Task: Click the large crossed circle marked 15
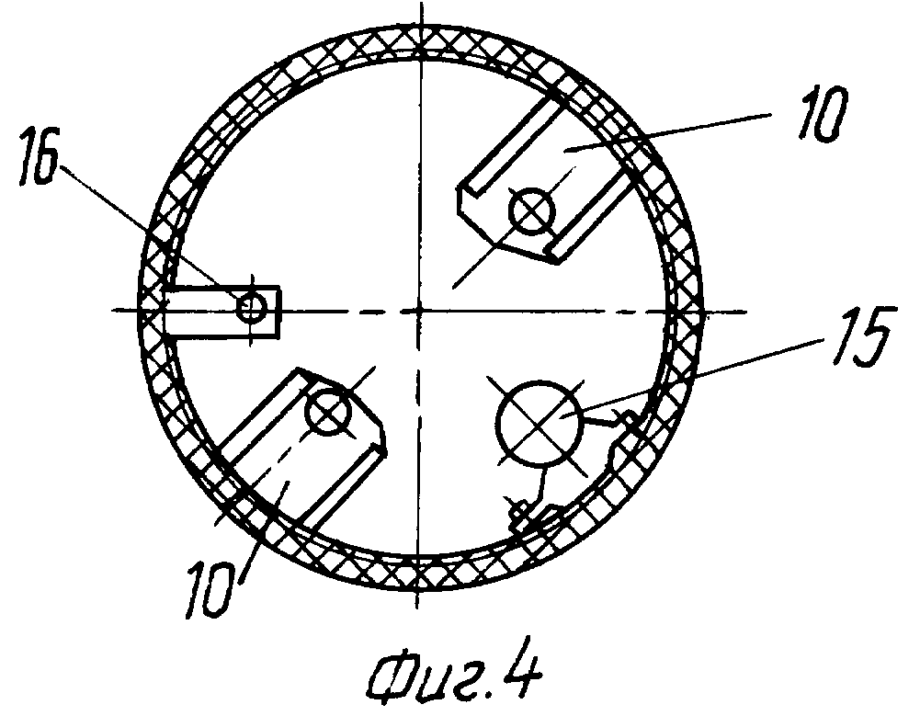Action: (540, 421)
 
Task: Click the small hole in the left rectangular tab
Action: (252, 307)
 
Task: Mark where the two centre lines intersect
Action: (419, 310)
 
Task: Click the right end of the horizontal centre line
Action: (746, 311)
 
